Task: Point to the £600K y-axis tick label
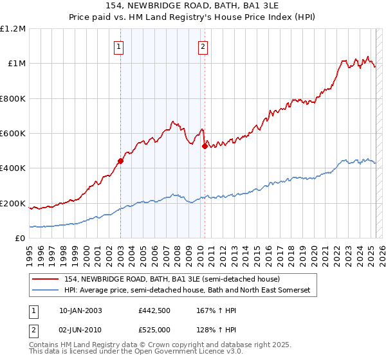pos(13,133)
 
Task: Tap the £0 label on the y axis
pos(21,239)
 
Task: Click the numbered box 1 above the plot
pos(120,46)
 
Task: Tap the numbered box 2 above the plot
pos(203,46)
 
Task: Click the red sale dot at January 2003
pos(120,161)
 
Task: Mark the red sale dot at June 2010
pos(205,146)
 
